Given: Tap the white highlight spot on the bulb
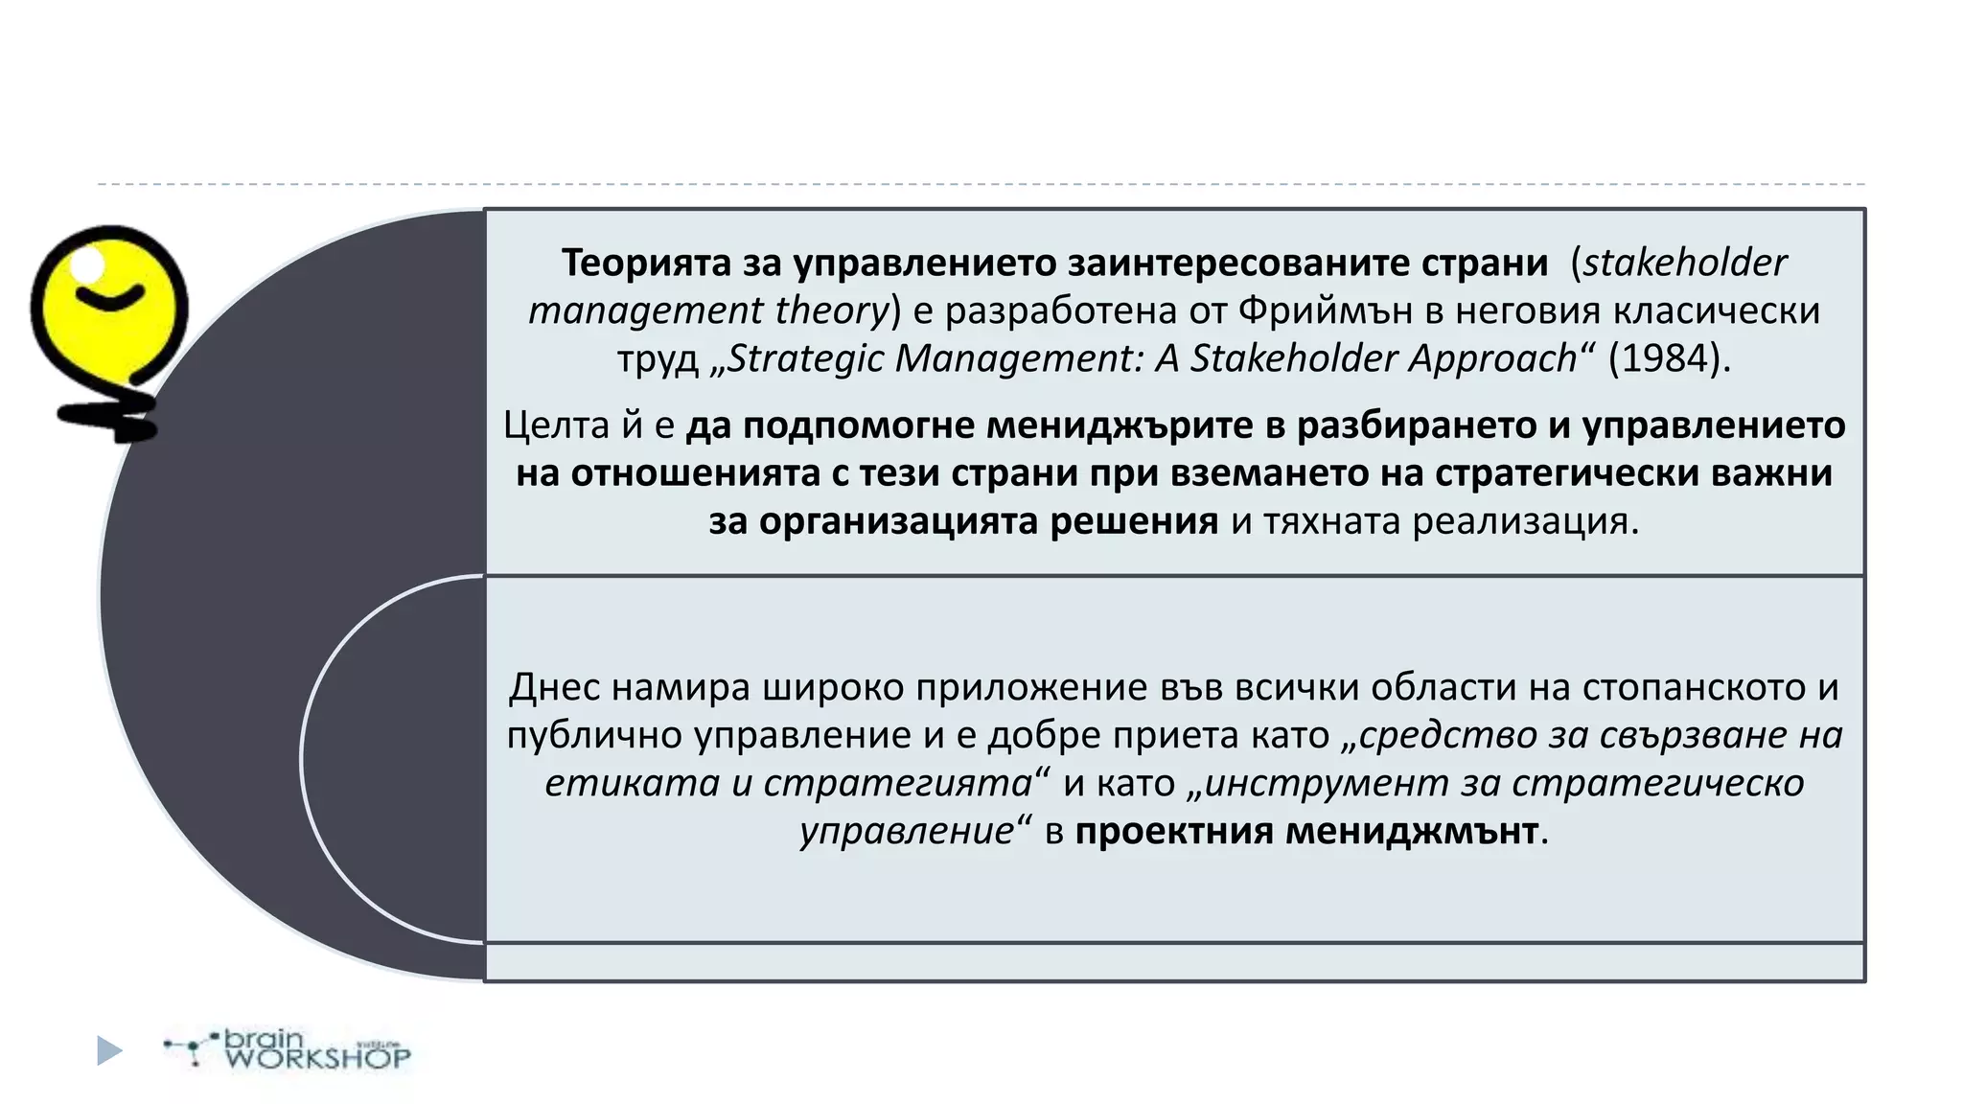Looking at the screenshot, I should coord(89,262).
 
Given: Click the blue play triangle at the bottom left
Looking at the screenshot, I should coord(109,1050).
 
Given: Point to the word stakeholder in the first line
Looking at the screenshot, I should coord(1684,263).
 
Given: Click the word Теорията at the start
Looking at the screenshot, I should coord(647,263).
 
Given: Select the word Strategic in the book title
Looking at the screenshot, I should coord(805,358).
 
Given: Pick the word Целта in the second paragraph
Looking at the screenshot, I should coord(556,425).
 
